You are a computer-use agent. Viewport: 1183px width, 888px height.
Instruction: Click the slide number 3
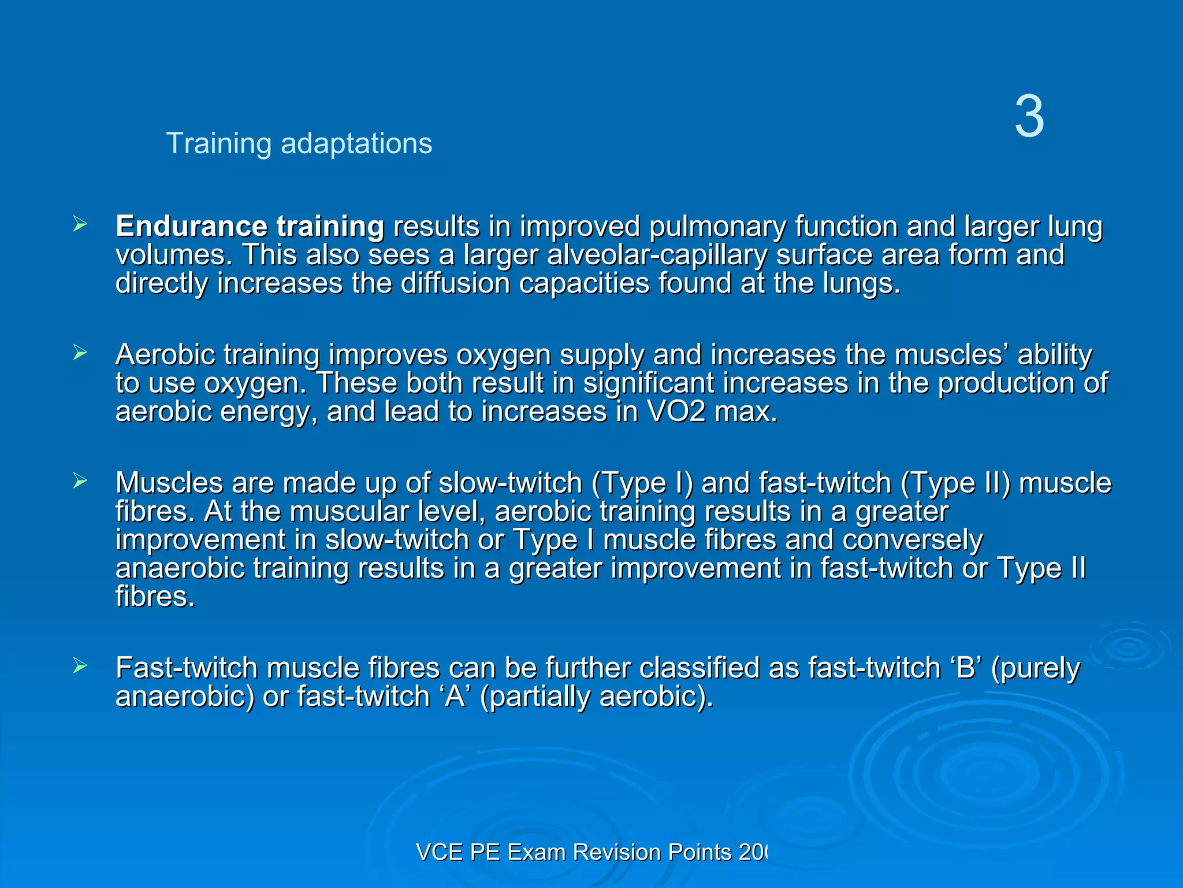point(1029,117)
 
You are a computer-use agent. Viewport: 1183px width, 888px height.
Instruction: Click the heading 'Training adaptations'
point(299,143)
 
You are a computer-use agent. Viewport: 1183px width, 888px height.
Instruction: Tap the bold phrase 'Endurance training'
point(250,226)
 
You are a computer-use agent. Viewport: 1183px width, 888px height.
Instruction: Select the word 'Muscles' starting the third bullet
point(169,483)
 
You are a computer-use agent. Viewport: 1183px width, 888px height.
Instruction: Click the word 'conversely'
point(912,540)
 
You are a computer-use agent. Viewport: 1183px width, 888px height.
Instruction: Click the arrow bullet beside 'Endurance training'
point(80,224)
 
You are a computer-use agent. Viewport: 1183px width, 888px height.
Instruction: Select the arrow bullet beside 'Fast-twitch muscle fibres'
point(80,666)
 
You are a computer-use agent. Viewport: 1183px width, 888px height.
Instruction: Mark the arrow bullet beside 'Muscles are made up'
point(80,481)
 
